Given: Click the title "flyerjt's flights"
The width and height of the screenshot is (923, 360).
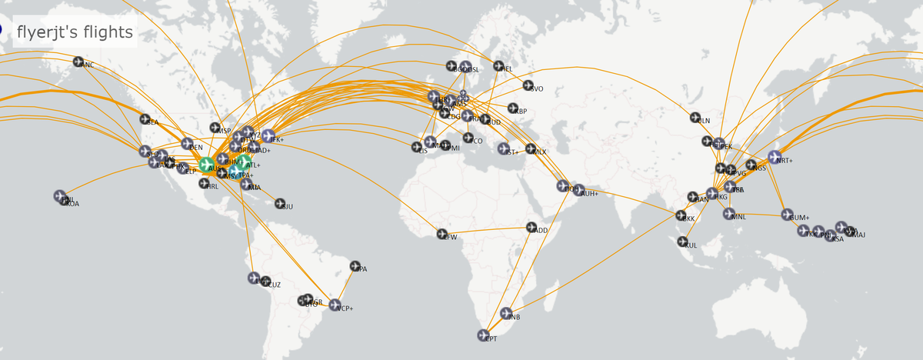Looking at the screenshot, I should click(x=75, y=33).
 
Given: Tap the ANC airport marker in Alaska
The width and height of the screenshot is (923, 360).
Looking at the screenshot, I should click(x=78, y=62).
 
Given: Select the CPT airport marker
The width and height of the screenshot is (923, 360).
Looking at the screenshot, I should click(x=483, y=335).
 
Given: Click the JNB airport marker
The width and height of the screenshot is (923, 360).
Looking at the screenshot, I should click(x=505, y=313).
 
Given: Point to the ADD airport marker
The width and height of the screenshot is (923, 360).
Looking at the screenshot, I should click(x=531, y=227).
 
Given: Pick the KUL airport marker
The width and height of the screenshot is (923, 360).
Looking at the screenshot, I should click(x=682, y=242).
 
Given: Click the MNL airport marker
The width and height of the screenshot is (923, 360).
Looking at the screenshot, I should click(x=729, y=214).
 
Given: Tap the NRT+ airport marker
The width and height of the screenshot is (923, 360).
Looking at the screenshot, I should click(x=775, y=157).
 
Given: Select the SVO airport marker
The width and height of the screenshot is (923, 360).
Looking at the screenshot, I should click(x=528, y=85).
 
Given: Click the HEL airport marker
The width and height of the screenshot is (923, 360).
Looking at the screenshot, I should click(x=498, y=66).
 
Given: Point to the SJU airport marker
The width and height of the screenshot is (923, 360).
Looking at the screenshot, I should click(x=280, y=203).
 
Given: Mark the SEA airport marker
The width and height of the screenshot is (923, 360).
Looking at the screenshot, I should click(x=145, y=119).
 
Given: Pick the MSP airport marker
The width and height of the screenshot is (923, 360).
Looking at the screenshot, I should click(x=215, y=128).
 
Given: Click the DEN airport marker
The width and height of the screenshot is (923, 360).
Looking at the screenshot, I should click(x=187, y=144).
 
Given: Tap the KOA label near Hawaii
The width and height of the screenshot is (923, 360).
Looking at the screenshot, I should click(x=71, y=203).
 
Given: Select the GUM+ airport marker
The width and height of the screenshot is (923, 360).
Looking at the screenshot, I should click(x=787, y=215).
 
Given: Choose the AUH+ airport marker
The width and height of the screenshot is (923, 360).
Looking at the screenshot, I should click(x=578, y=190).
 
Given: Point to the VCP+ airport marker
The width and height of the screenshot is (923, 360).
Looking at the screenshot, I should click(x=335, y=305).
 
